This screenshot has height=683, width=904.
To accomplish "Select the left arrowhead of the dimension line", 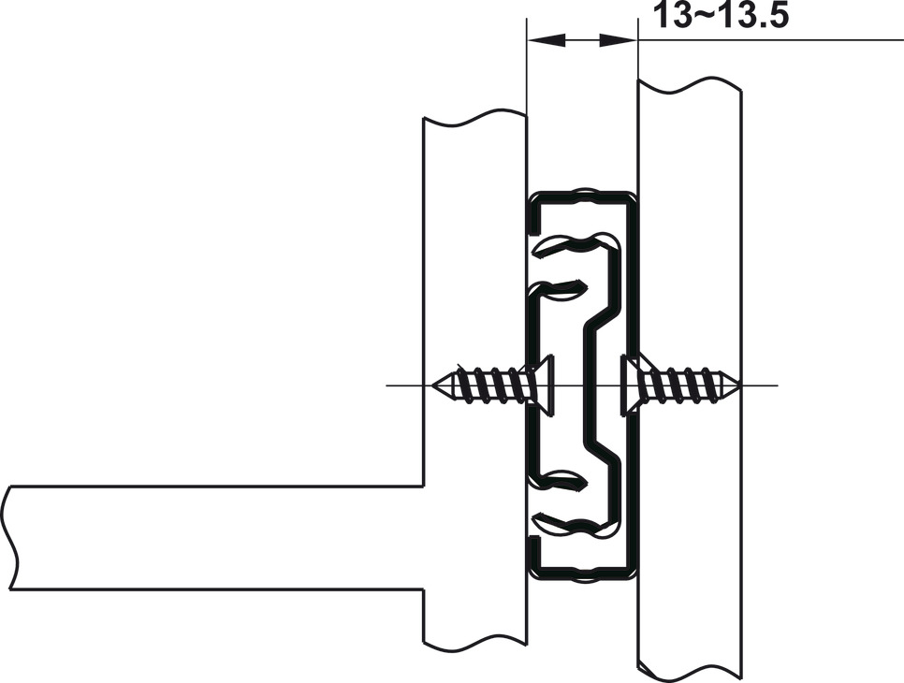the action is (x=547, y=40).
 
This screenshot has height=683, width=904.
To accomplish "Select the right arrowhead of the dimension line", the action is (x=618, y=40).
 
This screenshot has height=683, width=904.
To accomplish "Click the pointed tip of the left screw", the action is (x=432, y=385).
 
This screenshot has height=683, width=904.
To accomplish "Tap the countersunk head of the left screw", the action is (x=540, y=385).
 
